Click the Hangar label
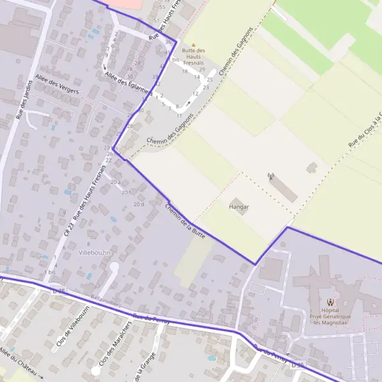(239, 208)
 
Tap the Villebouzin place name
(94, 253)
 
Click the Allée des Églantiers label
(127, 85)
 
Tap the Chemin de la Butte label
(185, 221)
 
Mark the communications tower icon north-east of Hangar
(271, 176)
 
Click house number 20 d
(139, 204)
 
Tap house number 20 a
(115, 182)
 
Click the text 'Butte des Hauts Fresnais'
(194, 57)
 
